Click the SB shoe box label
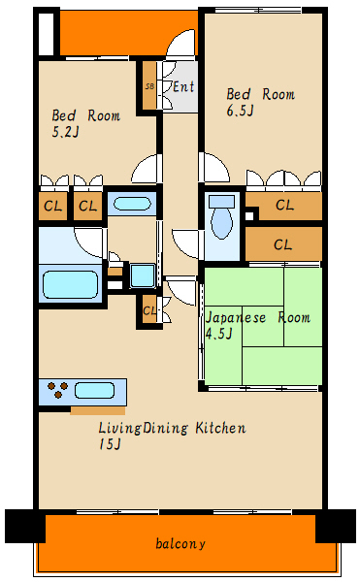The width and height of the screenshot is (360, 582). pos(149,86)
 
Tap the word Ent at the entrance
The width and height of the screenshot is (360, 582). pos(183,87)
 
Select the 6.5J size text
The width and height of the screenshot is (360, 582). pos(240,111)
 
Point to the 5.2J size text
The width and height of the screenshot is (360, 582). pos(65,132)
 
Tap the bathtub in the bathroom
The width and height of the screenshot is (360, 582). pos(70,284)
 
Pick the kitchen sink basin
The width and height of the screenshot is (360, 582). pos(94,391)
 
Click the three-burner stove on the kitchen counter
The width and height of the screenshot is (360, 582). pos(58,390)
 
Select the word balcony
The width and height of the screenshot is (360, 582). pos(180,544)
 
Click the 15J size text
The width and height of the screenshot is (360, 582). pos(110,444)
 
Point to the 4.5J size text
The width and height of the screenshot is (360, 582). pos(219,334)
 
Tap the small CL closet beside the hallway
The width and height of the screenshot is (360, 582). pos(149,310)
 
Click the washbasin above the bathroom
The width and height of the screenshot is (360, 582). pos(132,204)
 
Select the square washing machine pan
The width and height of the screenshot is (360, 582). pos(142,275)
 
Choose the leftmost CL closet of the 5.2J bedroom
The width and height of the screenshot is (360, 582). pos(53,206)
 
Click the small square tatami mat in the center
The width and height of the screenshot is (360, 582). pos(263,326)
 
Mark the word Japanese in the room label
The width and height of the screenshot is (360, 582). pos(236,318)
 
